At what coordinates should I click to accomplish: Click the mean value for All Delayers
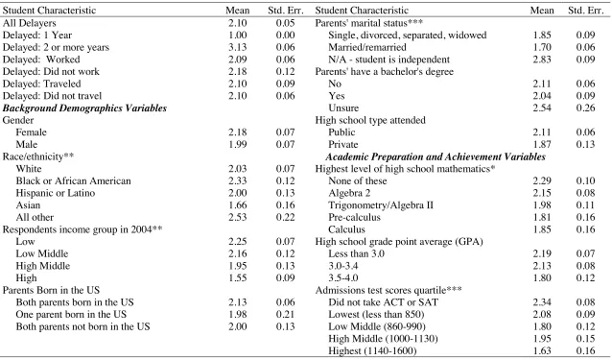pyautogui.click(x=238, y=23)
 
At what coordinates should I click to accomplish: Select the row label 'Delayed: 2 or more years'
pyautogui.click(x=56, y=47)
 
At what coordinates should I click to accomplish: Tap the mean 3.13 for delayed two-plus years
pyautogui.click(x=238, y=47)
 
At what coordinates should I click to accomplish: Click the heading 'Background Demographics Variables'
pyautogui.click(x=84, y=108)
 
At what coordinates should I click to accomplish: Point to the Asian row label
pyautogui.click(x=28, y=205)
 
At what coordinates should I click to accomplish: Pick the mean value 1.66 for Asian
pyautogui.click(x=238, y=205)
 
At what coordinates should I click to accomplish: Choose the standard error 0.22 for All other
pyautogui.click(x=285, y=217)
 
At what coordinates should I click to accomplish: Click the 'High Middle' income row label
pyautogui.click(x=43, y=266)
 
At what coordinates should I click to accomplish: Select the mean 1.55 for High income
pyautogui.click(x=238, y=278)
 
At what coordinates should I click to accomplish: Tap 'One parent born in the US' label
pyautogui.click(x=71, y=314)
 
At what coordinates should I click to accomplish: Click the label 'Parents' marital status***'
pyautogui.click(x=369, y=23)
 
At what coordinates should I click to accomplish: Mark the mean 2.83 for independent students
pyautogui.click(x=542, y=60)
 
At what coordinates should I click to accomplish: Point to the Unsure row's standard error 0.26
pyautogui.click(x=586, y=108)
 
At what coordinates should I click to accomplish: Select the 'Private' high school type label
pyautogui.click(x=343, y=144)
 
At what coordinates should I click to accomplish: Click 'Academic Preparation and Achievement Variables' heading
pyautogui.click(x=435, y=156)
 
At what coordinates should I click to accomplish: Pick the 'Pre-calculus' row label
pyautogui.click(x=354, y=217)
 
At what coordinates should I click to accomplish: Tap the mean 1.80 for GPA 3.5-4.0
pyautogui.click(x=542, y=278)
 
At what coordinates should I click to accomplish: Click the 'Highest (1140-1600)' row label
pyautogui.click(x=372, y=350)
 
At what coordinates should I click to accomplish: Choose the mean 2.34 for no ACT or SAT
pyautogui.click(x=542, y=302)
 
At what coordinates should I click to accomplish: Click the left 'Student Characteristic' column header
pyautogui.click(x=49, y=11)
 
